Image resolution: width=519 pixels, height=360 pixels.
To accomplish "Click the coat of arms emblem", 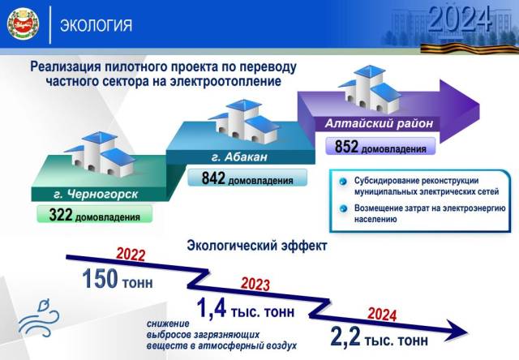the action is point(24,24).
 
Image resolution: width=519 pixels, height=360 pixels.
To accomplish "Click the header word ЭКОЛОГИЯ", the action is point(96,25).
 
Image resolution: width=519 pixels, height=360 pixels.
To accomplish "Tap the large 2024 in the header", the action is point(460,19).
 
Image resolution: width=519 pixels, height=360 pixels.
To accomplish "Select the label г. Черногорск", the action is point(96,195).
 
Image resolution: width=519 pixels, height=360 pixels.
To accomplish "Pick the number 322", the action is point(61,214).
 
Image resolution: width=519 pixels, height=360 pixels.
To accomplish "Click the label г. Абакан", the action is point(239,156).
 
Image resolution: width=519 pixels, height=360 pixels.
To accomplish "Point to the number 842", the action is point(213,178).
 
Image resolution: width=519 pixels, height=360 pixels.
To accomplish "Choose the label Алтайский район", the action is point(379,123).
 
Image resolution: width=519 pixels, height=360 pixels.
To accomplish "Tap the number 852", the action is point(346,147).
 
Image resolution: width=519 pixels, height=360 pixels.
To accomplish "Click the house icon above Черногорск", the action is point(99,154).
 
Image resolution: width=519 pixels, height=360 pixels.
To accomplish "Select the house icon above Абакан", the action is point(243,122).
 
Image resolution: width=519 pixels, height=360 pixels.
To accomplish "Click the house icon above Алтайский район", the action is point(370,88).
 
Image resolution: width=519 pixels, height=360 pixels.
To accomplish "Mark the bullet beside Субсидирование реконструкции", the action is point(343,182).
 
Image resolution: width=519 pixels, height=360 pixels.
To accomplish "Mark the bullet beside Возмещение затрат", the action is point(343,209).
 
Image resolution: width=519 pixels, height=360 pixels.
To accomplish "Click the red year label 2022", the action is point(131,255).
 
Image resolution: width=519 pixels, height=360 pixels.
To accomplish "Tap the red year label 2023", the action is point(255,285).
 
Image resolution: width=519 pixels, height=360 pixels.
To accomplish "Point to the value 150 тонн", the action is point(118,279).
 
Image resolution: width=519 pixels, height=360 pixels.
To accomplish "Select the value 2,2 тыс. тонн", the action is point(379,336).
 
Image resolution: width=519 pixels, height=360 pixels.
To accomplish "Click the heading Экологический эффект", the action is point(257,246).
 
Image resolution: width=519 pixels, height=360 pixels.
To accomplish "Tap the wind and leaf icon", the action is point(39,319).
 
